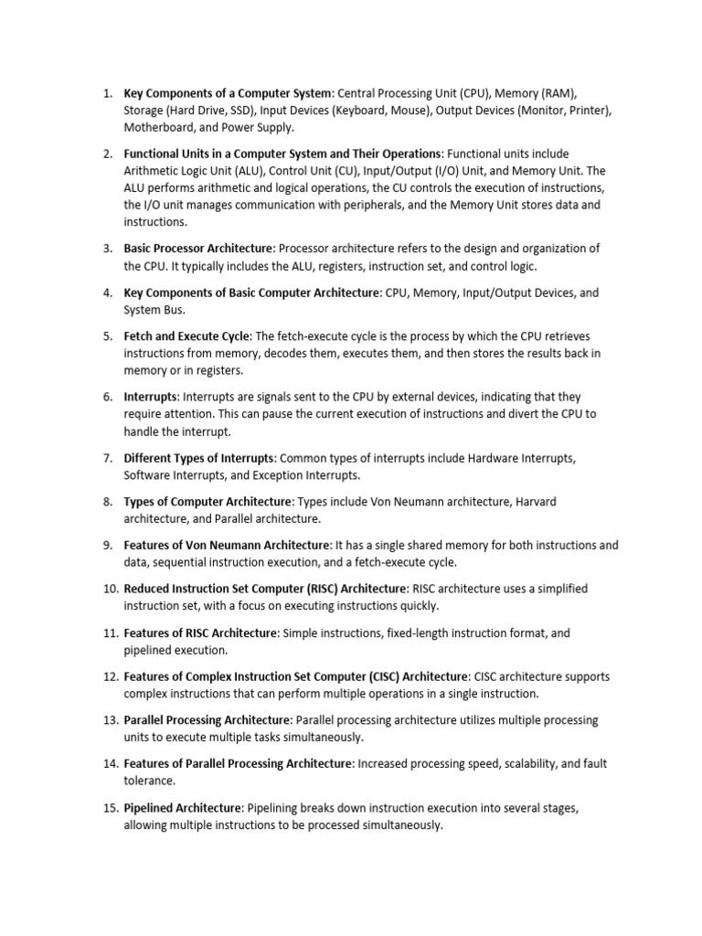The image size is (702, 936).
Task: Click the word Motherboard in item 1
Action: tap(156, 127)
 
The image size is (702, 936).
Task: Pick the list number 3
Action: tap(107, 249)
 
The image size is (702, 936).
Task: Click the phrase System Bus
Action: tap(153, 310)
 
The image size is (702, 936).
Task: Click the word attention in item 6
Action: tap(188, 414)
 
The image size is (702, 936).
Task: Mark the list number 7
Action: tap(107, 458)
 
